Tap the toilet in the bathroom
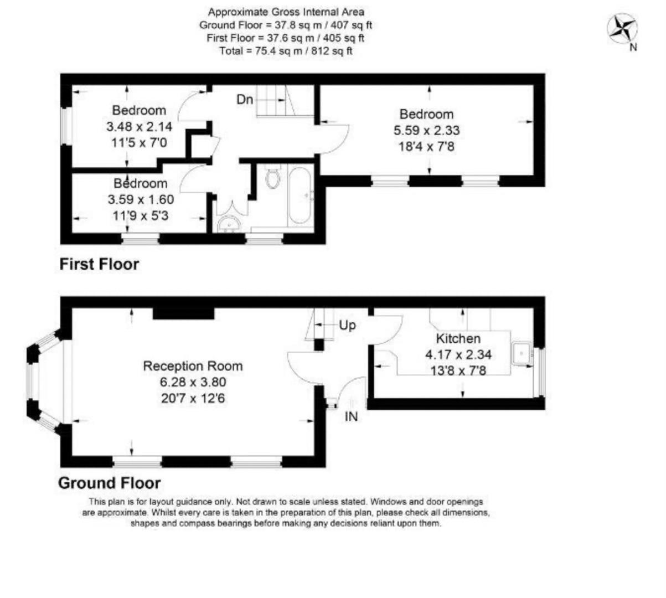[272, 178]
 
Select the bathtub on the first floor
[300, 197]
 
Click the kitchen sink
[522, 353]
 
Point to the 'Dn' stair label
[245, 100]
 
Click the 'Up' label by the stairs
[347, 325]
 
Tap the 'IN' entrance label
[351, 417]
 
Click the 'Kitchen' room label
[458, 339]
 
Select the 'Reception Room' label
[193, 366]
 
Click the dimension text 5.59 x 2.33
[429, 131]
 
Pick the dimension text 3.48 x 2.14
[139, 127]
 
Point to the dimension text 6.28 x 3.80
[193, 382]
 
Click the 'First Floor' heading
[99, 265]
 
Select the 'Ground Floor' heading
[109, 483]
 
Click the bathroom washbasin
[228, 224]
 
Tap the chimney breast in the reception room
[183, 313]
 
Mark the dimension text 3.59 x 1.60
[141, 199]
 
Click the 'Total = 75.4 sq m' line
[286, 51]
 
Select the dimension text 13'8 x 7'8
[458, 370]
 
